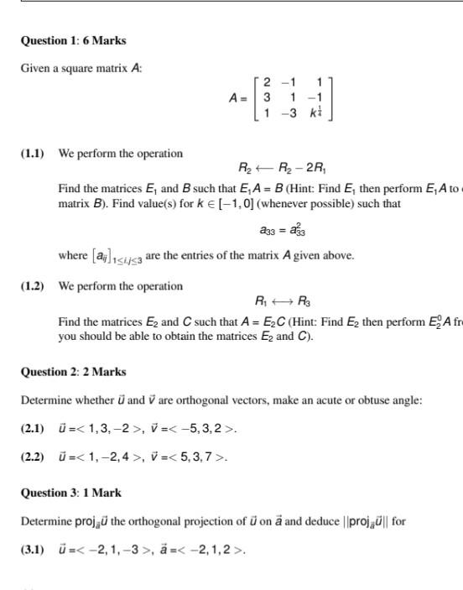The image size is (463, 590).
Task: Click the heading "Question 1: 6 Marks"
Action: click(73, 40)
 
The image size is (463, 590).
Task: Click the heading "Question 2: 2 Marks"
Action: click(73, 372)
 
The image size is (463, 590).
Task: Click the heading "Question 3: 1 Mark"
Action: click(70, 493)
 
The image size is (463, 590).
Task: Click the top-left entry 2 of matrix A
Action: click(266, 82)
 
